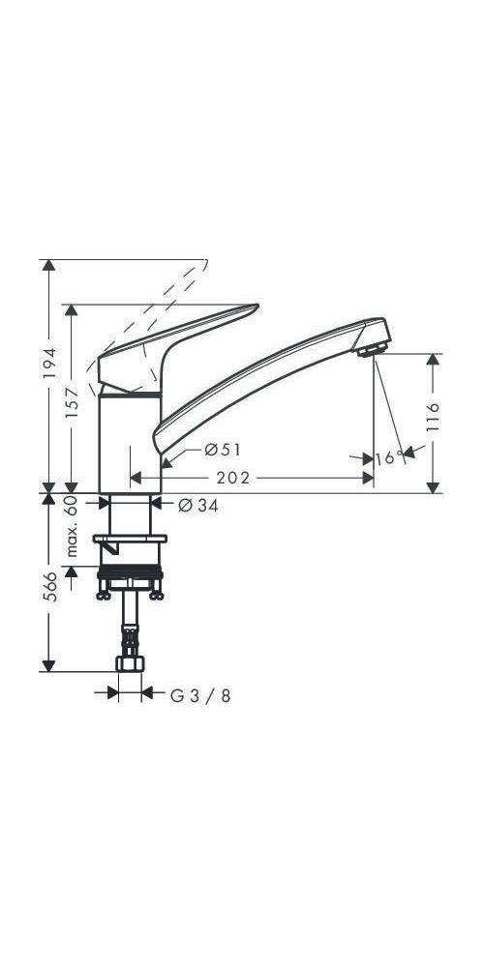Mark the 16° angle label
[x=389, y=456]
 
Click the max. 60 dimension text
[x=71, y=528]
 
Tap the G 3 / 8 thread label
[x=200, y=694]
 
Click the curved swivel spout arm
[x=261, y=377]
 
